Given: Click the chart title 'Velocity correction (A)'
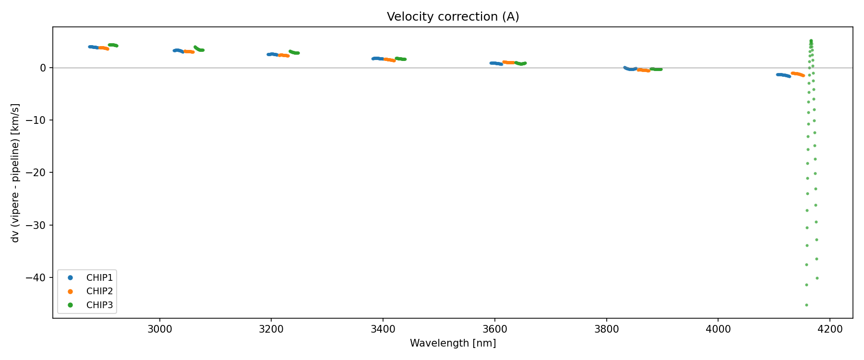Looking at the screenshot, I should coord(453,17).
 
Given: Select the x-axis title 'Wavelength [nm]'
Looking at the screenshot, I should coord(453,343).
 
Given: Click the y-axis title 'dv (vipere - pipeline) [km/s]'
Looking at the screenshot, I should coord(15,173).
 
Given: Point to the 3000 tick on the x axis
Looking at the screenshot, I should coord(159,329).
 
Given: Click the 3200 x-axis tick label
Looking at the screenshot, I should coord(271,329).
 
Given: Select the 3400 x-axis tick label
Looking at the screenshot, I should coord(383,329).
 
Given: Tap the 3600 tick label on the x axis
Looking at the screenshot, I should coord(495,329).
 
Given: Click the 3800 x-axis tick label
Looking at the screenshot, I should coord(607,329).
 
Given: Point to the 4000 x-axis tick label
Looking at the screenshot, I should coord(718,329).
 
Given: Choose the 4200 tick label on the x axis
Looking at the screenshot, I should coord(830,329).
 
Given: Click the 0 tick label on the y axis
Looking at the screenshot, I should coord(43,68).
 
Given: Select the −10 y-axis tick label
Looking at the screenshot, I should coord(38,120).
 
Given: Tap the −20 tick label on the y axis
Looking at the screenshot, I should coord(38,173).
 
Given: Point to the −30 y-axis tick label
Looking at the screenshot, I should coord(38,225).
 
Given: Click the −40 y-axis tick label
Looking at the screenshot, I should coord(38,278).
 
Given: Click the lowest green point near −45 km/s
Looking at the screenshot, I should coord(806,305).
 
